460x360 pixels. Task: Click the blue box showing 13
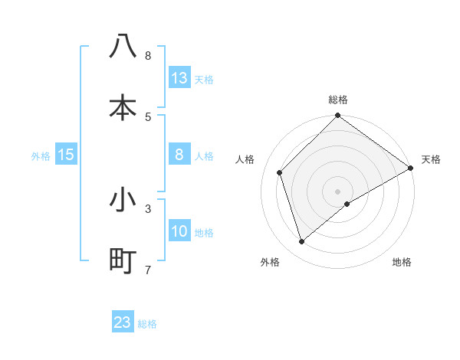(179, 78)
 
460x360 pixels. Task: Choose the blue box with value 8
(179, 155)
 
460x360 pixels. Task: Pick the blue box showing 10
(179, 231)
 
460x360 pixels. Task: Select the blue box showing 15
(66, 155)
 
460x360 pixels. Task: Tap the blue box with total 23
(123, 322)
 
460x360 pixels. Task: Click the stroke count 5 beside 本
(148, 116)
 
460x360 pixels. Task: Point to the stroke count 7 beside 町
(148, 270)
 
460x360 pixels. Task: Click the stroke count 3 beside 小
(148, 208)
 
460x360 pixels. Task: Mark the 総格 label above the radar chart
(338, 100)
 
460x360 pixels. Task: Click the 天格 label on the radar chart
(431, 159)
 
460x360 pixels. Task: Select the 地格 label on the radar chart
(402, 262)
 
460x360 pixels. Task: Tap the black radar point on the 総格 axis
(338, 116)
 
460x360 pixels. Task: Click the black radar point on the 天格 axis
(411, 168)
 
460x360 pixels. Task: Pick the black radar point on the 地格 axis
(347, 204)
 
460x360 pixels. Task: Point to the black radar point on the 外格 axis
(301, 241)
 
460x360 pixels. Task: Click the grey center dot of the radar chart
(338, 191)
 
